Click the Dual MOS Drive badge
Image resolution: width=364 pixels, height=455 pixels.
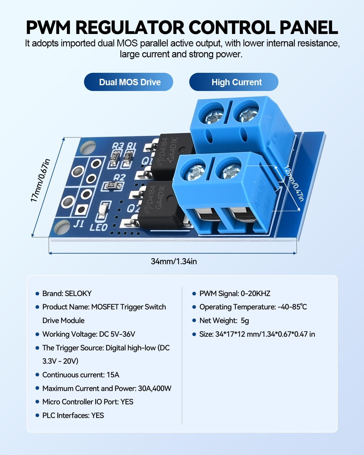(128, 82)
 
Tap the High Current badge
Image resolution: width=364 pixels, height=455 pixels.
(234, 82)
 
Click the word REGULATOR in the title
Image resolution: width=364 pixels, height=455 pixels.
(130, 28)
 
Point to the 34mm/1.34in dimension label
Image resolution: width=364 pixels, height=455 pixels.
(174, 261)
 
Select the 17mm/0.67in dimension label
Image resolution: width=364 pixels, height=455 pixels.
(40, 180)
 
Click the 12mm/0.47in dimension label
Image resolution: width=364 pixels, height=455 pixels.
(294, 183)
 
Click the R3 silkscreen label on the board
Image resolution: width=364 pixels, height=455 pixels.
(118, 146)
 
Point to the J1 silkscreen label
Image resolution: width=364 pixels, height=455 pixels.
(79, 224)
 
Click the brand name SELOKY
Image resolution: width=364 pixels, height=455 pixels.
(78, 293)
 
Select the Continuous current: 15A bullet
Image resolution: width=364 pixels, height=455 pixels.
(81, 375)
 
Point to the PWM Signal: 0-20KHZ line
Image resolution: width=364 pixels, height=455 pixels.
(235, 293)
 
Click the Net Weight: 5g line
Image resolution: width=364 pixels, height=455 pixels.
(224, 321)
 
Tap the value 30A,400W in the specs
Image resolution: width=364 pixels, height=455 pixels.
(155, 388)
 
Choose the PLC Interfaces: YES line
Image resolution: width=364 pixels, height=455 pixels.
(73, 415)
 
